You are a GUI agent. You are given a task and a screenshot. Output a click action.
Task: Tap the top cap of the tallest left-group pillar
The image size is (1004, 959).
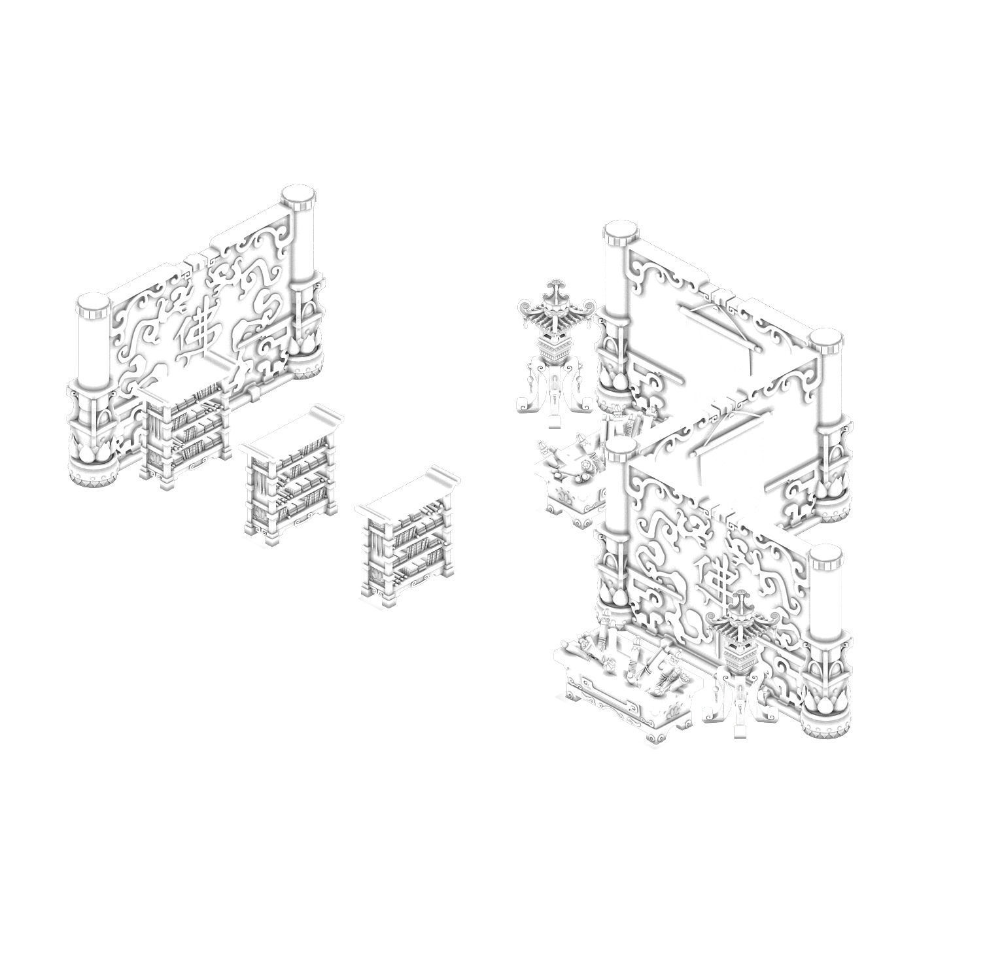[298, 194]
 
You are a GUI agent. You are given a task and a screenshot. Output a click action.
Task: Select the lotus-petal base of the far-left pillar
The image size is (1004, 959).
[92, 452]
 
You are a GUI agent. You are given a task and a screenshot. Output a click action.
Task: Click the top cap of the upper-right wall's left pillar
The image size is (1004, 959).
[620, 230]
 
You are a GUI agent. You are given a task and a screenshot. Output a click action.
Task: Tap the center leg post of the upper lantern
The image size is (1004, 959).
[555, 399]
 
